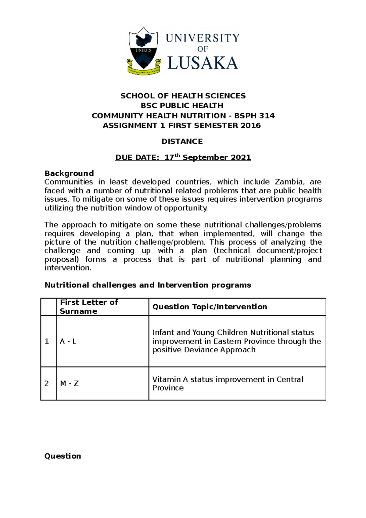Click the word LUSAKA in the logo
point(203,63)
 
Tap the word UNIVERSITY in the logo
point(203,38)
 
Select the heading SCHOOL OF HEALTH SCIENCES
point(183,96)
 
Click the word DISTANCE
point(182,142)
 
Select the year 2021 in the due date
point(241,157)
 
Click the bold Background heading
point(69,173)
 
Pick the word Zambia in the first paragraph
point(289,182)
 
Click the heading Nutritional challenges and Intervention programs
point(148,285)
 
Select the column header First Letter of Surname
point(89,307)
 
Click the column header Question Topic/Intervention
point(210,307)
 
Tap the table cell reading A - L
point(68,341)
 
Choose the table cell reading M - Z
point(69,383)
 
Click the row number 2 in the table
point(47,383)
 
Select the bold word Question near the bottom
point(63,456)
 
